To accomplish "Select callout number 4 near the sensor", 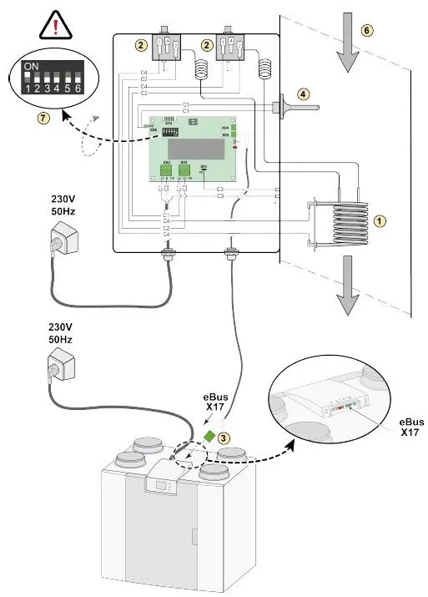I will pyautogui.click(x=303, y=94).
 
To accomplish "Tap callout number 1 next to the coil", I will pyautogui.click(x=380, y=222).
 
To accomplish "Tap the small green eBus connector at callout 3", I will pyautogui.click(x=206, y=435).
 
